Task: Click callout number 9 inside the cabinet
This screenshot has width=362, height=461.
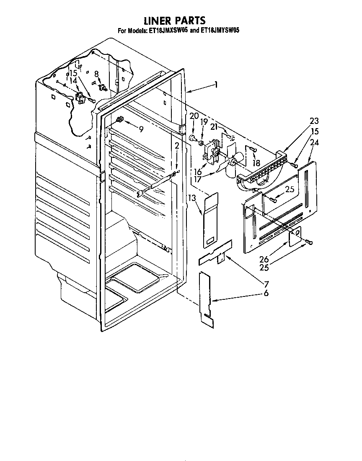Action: tap(141, 129)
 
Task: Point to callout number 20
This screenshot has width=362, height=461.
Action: tap(193, 116)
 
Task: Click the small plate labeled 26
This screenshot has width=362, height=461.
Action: tap(295, 235)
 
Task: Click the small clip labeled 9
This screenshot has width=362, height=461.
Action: tap(119, 120)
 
